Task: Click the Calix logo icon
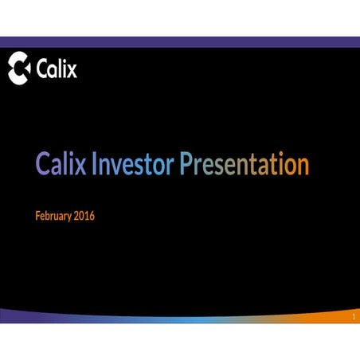point(20,69)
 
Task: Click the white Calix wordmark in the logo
point(57,69)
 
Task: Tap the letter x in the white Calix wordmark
point(72,71)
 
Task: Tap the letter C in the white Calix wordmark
point(42,70)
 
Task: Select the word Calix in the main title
point(61,165)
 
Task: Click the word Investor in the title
point(133,165)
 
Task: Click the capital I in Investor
point(95,165)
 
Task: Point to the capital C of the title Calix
point(44,165)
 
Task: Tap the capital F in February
point(39,216)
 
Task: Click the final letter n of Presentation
point(301,166)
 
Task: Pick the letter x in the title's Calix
point(82,166)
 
